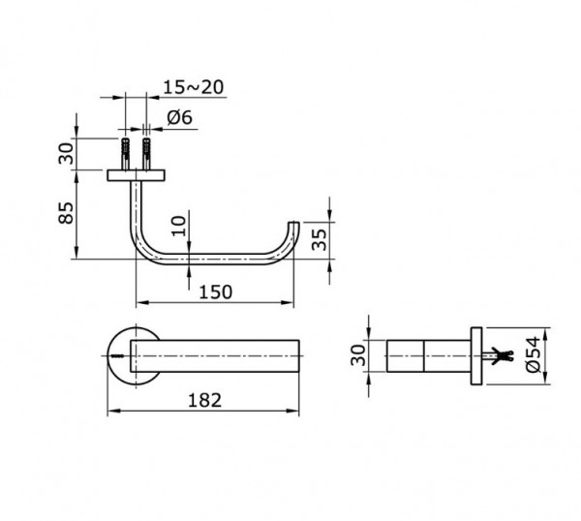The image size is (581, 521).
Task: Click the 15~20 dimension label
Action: tap(193, 87)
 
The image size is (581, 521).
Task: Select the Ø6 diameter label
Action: tap(179, 117)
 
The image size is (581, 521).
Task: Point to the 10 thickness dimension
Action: tap(175, 228)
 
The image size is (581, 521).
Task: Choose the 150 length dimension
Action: tap(215, 291)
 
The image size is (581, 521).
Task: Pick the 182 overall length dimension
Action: tap(204, 398)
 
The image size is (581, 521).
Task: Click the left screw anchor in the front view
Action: tap(125, 153)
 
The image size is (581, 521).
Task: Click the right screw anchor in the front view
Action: tap(147, 153)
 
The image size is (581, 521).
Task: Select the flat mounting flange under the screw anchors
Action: tap(137, 174)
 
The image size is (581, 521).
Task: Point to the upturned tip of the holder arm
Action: tap(289, 232)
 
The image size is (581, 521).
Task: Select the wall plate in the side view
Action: tap(476, 356)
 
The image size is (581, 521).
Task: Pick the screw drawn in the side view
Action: tap(498, 356)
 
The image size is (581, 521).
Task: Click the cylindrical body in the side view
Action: tap(426, 356)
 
